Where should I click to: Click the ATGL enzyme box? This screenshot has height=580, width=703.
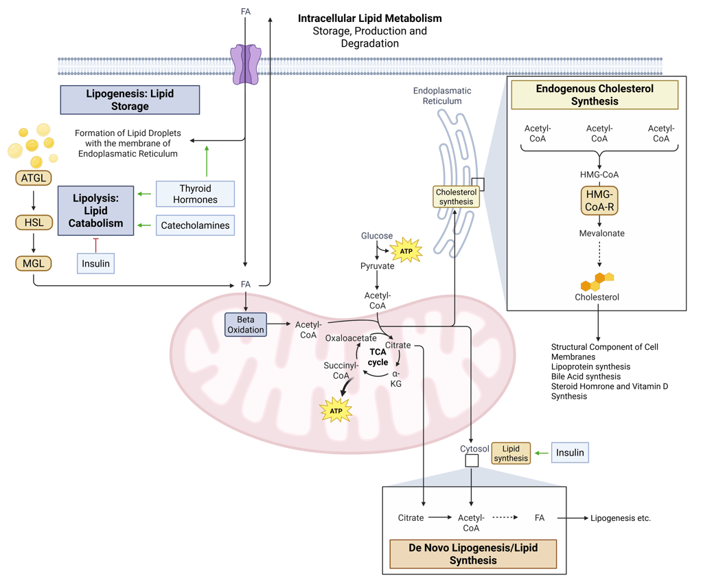pos(34,179)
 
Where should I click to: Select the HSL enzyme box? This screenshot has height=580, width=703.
pos(34,222)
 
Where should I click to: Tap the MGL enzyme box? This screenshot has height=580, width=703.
pos(34,263)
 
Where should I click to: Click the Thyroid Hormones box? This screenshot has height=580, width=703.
pos(195,194)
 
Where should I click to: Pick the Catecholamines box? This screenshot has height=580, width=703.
pos(195,225)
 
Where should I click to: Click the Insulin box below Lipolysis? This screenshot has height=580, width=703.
pos(95,263)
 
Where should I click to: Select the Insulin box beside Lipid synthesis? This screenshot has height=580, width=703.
pos(570,452)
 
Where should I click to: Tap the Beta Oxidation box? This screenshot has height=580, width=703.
pos(246,324)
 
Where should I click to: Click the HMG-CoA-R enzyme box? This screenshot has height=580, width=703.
pos(599,201)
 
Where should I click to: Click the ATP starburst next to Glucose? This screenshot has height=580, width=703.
pos(406,251)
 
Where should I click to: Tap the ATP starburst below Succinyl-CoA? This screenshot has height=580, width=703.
pos(336,411)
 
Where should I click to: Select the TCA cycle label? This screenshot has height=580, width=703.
pos(378,357)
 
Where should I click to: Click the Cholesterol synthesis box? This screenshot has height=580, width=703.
pos(456,197)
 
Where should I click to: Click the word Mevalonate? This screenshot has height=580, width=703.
pos(600,233)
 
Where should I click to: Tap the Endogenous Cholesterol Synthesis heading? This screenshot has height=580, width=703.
pos(595,95)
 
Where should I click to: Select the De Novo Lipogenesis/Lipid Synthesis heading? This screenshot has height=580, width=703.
pos(472,554)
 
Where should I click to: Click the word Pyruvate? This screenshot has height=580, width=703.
pos(378,266)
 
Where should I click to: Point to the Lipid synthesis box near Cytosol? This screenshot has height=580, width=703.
pos(511,453)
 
